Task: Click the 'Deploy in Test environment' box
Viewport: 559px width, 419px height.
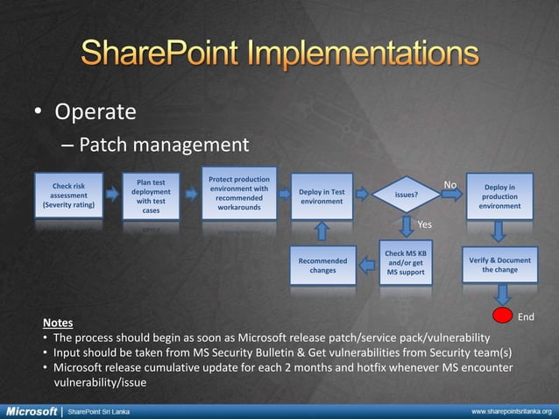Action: click(322, 196)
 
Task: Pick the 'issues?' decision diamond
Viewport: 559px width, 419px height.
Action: click(406, 196)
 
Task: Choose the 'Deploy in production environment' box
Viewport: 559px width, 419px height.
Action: click(499, 196)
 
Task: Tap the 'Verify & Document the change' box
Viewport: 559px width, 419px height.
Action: click(499, 265)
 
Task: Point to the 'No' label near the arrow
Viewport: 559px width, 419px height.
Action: click(449, 185)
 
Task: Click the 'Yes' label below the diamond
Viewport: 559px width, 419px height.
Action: click(424, 224)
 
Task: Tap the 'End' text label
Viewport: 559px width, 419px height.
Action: click(527, 316)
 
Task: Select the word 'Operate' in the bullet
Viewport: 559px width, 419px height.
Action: click(96, 112)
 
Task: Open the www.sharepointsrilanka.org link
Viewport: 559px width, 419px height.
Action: click(512, 410)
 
